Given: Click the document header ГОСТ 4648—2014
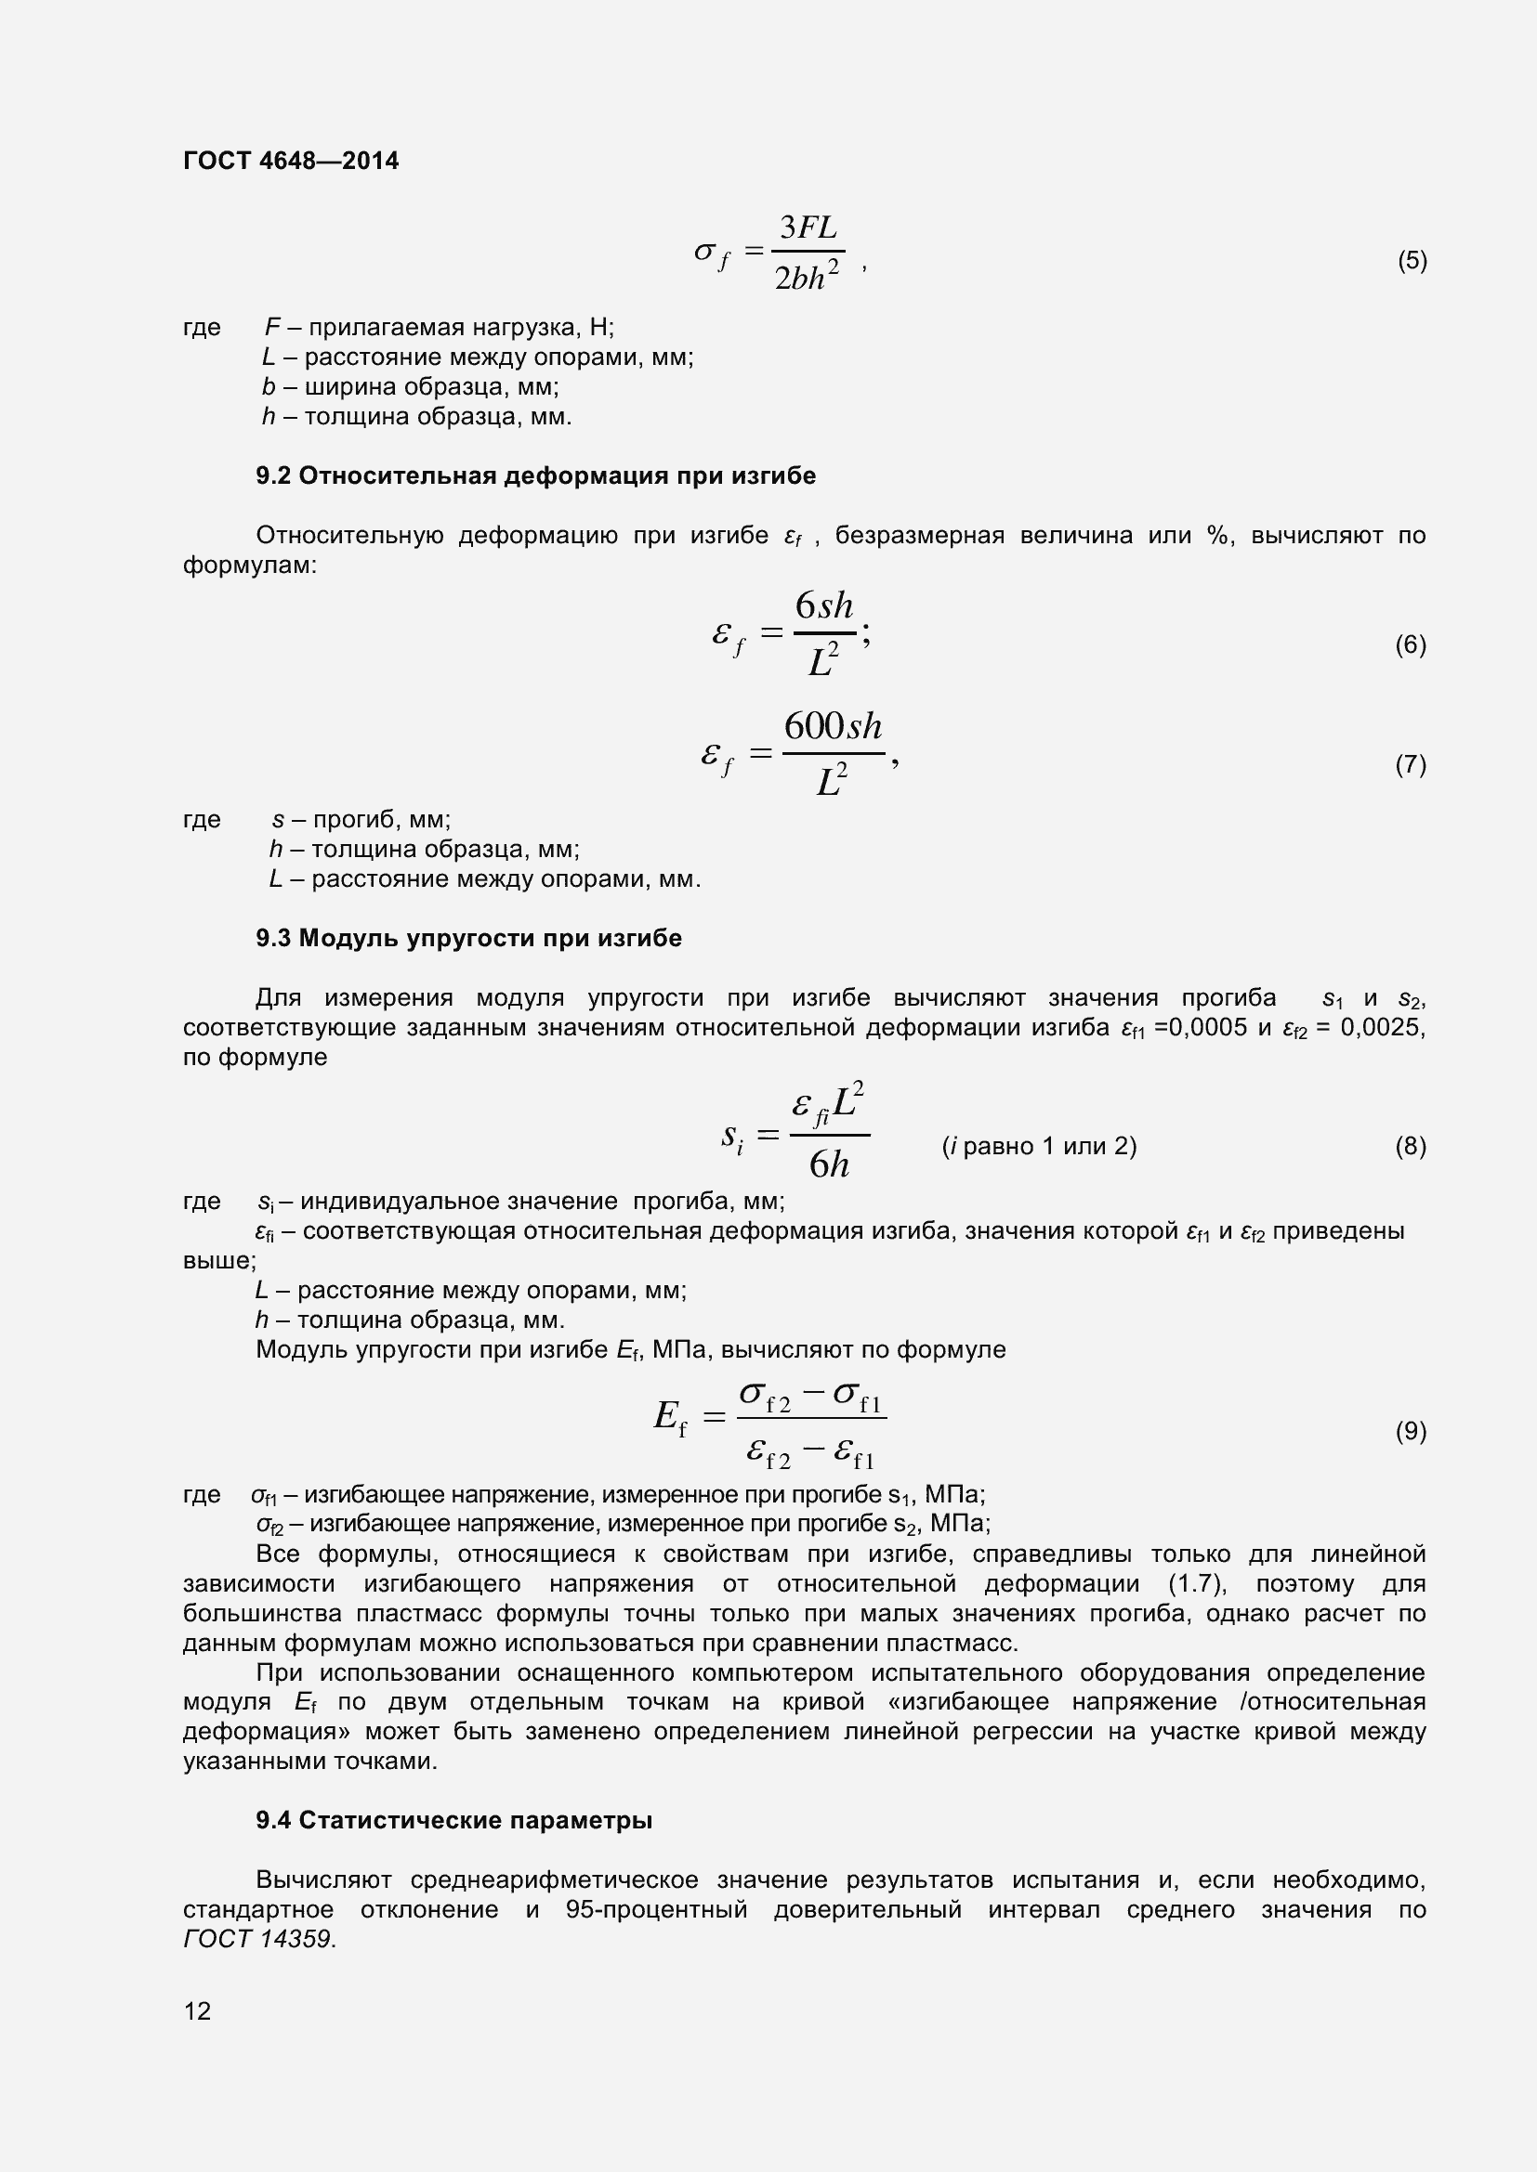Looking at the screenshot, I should click(x=291, y=161).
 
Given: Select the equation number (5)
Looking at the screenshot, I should click(x=1412, y=260).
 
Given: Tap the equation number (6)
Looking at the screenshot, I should click(x=1411, y=644).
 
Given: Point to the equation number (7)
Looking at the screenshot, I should click(x=1411, y=763).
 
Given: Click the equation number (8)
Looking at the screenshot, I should click(x=1411, y=1146).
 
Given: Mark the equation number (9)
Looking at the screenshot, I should click(x=1411, y=1430).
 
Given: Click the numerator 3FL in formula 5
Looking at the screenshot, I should click(x=808, y=228).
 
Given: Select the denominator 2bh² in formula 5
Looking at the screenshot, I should click(x=807, y=277).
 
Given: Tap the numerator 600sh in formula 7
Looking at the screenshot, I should click(x=833, y=726).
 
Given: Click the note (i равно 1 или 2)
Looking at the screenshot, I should click(x=1039, y=1146).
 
